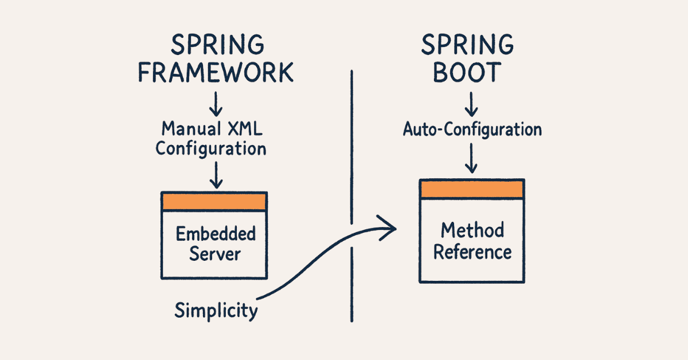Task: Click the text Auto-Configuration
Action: [x=472, y=129]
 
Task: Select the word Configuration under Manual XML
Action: [x=211, y=148]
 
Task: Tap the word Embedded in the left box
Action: [x=215, y=234]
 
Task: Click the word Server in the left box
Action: [x=214, y=254]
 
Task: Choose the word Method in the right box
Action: [x=472, y=230]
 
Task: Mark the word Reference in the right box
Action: [x=472, y=252]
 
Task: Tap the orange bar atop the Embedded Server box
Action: [x=214, y=201]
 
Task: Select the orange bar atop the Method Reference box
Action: [x=472, y=189]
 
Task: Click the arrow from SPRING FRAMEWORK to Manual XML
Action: [x=215, y=104]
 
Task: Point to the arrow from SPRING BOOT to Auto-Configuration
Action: [x=471, y=104]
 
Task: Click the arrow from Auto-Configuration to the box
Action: [x=471, y=158]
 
